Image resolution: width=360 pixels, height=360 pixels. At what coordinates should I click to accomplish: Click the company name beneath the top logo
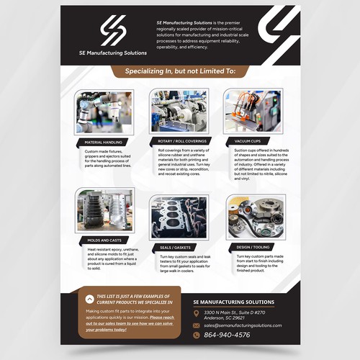point(114,53)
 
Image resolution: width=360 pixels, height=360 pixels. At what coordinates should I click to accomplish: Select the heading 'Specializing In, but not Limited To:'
point(179,72)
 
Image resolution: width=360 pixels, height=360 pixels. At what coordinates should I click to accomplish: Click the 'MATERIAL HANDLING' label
point(104,142)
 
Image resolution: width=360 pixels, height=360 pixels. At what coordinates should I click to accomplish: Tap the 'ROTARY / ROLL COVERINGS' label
point(179,142)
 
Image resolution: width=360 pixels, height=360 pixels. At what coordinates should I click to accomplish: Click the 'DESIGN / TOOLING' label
point(247,248)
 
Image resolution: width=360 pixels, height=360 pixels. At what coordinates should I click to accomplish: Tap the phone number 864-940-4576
point(228,335)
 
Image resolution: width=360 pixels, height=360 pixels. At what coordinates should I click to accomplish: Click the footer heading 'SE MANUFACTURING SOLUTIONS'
point(234,302)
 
